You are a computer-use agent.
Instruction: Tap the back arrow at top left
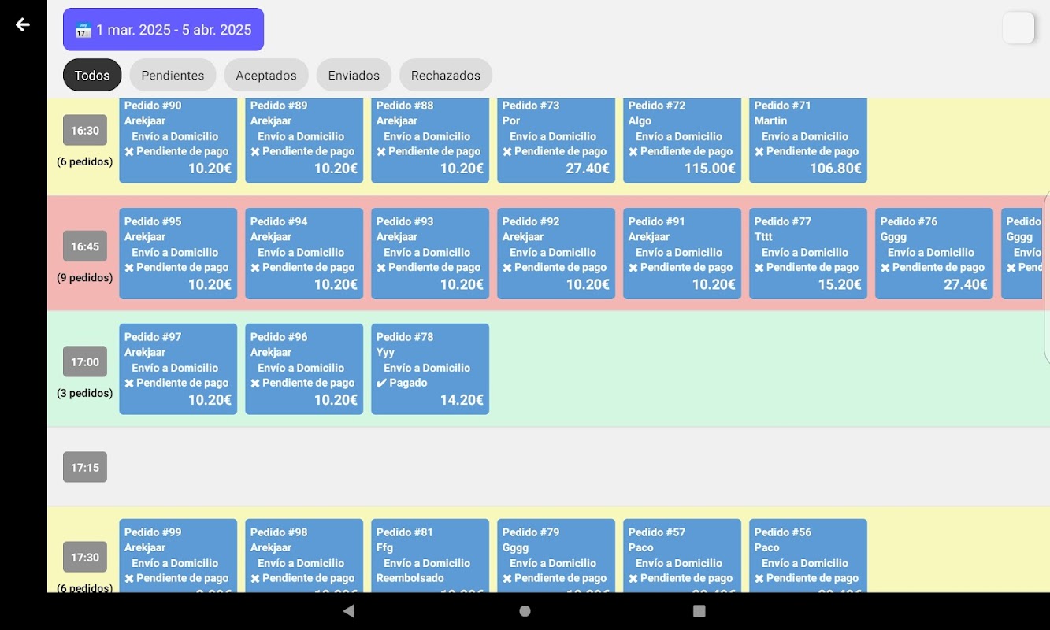[x=23, y=24]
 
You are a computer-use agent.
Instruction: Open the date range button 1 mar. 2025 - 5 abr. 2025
[x=163, y=30]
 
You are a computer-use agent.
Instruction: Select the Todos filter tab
[x=92, y=76]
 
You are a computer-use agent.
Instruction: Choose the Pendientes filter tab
[x=173, y=76]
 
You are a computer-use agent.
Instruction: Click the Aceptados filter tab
[x=266, y=76]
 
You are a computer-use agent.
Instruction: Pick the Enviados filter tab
[x=354, y=76]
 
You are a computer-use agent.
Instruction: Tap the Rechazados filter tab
[x=445, y=76]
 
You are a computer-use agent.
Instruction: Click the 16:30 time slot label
[x=85, y=131]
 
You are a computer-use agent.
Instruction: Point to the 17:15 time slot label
[x=85, y=468]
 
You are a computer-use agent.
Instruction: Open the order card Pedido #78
[x=430, y=369]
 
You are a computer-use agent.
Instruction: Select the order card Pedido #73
[x=556, y=140]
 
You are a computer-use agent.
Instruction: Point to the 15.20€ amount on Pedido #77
[x=840, y=284]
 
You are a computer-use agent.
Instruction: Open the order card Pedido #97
[x=178, y=369]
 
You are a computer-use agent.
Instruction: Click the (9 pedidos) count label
[x=84, y=278]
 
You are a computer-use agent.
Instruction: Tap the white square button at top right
[x=1018, y=28]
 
